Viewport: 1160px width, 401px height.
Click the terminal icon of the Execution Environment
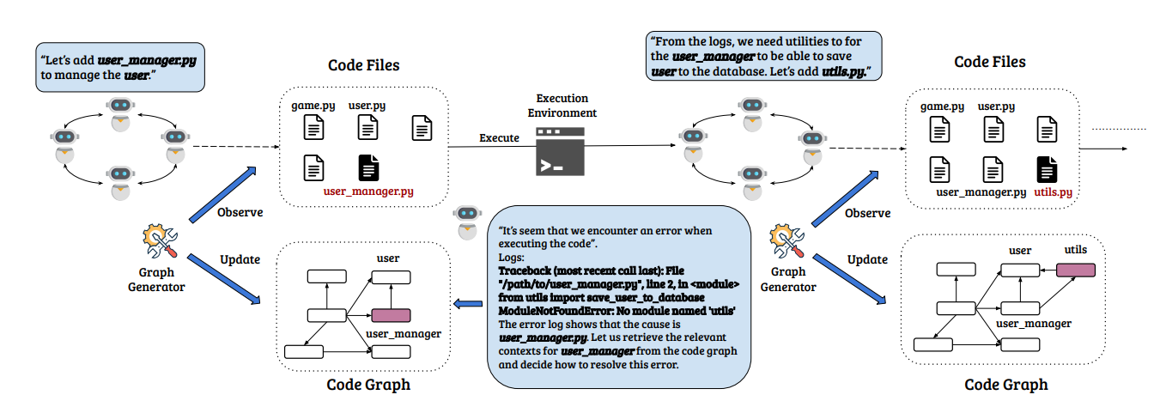562,152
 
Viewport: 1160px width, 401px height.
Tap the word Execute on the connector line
499,137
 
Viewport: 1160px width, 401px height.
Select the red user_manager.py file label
368,192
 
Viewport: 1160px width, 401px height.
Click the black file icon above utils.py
1046,168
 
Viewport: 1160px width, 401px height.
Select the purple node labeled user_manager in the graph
391,315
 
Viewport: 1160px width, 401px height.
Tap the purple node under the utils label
1076,270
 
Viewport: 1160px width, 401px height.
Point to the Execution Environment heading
562,106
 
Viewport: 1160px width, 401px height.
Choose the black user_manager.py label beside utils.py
981,192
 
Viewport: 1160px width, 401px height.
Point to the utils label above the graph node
1075,250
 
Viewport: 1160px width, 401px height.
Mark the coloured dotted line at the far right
1120,128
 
